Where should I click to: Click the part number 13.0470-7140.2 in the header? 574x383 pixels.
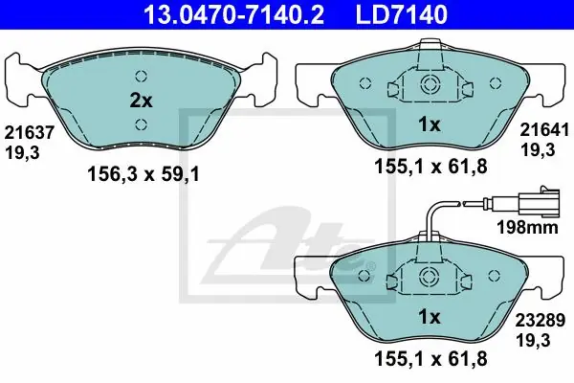233,14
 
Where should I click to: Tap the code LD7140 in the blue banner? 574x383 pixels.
402,14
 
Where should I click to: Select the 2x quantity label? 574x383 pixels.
142,101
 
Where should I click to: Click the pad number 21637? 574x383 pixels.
30,132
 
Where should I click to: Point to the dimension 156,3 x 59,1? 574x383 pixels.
143,174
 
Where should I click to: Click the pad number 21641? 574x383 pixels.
544,130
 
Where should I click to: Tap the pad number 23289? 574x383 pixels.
541,321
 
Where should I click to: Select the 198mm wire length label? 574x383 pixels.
527,227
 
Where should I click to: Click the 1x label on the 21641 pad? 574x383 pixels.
430,125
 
